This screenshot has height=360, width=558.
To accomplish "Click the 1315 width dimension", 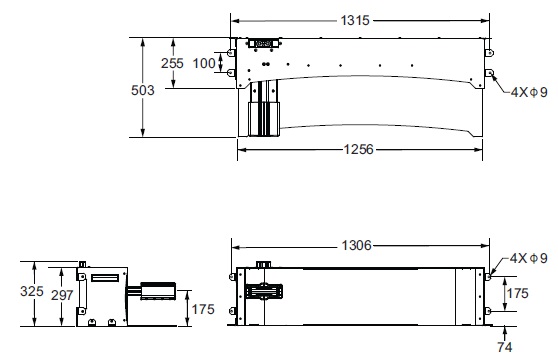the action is pos(355,20).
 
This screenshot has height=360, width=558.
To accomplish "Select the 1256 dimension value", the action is pos(359,149).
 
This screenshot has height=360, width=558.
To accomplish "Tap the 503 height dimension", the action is pos(143,90).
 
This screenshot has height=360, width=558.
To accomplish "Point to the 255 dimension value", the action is pos(172,63).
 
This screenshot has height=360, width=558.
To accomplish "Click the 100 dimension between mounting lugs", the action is pos(204,63).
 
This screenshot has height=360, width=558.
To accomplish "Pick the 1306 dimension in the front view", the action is pos(356,245).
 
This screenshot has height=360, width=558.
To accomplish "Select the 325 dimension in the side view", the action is pos(32,291).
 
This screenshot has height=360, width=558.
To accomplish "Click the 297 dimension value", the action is pos(62,295).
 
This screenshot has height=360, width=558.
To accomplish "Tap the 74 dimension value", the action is pos(505,347).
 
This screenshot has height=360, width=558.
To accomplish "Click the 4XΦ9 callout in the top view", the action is pos(529,92).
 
